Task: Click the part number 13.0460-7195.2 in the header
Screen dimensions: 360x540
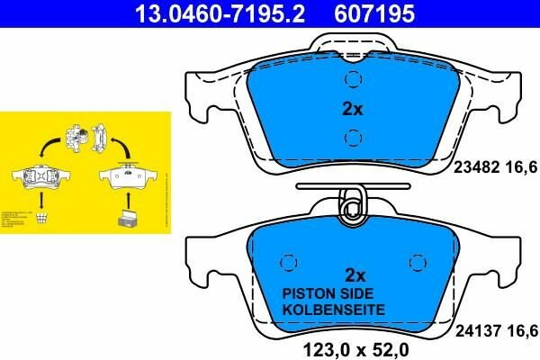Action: click(210, 14)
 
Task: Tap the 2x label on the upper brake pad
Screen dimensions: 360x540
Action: click(352, 109)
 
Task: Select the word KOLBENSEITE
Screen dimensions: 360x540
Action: click(334, 309)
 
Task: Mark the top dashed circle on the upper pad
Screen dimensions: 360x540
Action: click(354, 80)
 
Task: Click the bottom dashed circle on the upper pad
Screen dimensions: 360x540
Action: click(354, 138)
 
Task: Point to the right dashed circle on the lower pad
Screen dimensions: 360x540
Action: click(416, 262)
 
